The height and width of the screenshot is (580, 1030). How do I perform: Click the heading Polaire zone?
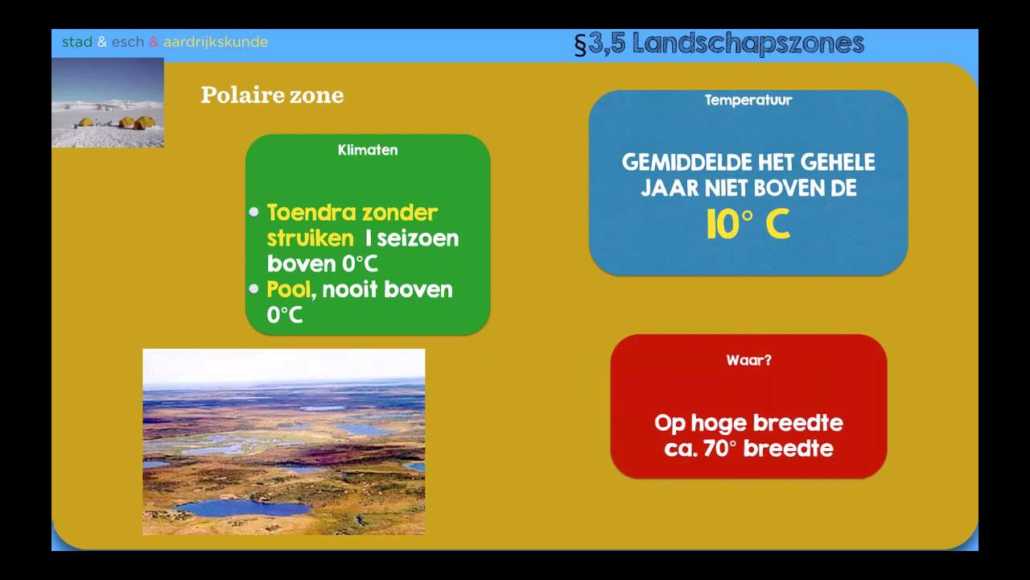tap(272, 95)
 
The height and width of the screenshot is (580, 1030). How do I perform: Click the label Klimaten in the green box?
tap(368, 150)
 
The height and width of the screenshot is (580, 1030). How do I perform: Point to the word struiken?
tap(310, 238)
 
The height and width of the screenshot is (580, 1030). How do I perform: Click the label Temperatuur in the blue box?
tap(748, 100)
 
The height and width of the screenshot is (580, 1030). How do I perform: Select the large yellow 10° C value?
tap(748, 226)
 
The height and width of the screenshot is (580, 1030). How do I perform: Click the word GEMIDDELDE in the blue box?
tap(683, 162)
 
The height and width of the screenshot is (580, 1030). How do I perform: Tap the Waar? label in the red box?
tap(748, 360)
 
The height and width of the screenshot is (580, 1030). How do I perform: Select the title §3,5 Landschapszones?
tap(719, 43)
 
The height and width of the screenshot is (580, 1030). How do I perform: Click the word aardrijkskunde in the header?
tap(216, 42)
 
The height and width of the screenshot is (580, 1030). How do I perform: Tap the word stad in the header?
tap(77, 42)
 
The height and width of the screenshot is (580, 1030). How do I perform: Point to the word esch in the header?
tap(128, 42)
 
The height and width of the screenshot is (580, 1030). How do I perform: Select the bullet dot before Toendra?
tap(254, 213)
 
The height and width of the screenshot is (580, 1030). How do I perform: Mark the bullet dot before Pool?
tap(254, 288)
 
